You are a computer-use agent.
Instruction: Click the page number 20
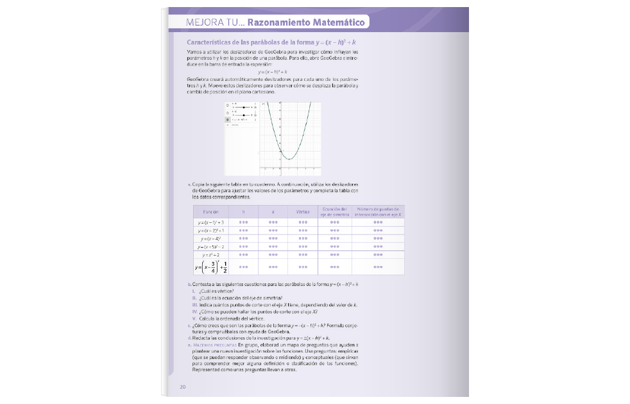pyautogui.click(x=183, y=387)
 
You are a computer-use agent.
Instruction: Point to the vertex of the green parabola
pyautogui.click(x=289, y=159)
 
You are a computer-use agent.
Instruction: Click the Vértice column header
pyautogui.click(x=303, y=211)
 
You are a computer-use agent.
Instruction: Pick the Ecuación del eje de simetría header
pyautogui.click(x=334, y=211)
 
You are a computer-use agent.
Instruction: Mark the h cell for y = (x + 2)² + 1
pyautogui.click(x=243, y=230)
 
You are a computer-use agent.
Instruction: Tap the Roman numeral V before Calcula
pyautogui.click(x=194, y=319)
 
